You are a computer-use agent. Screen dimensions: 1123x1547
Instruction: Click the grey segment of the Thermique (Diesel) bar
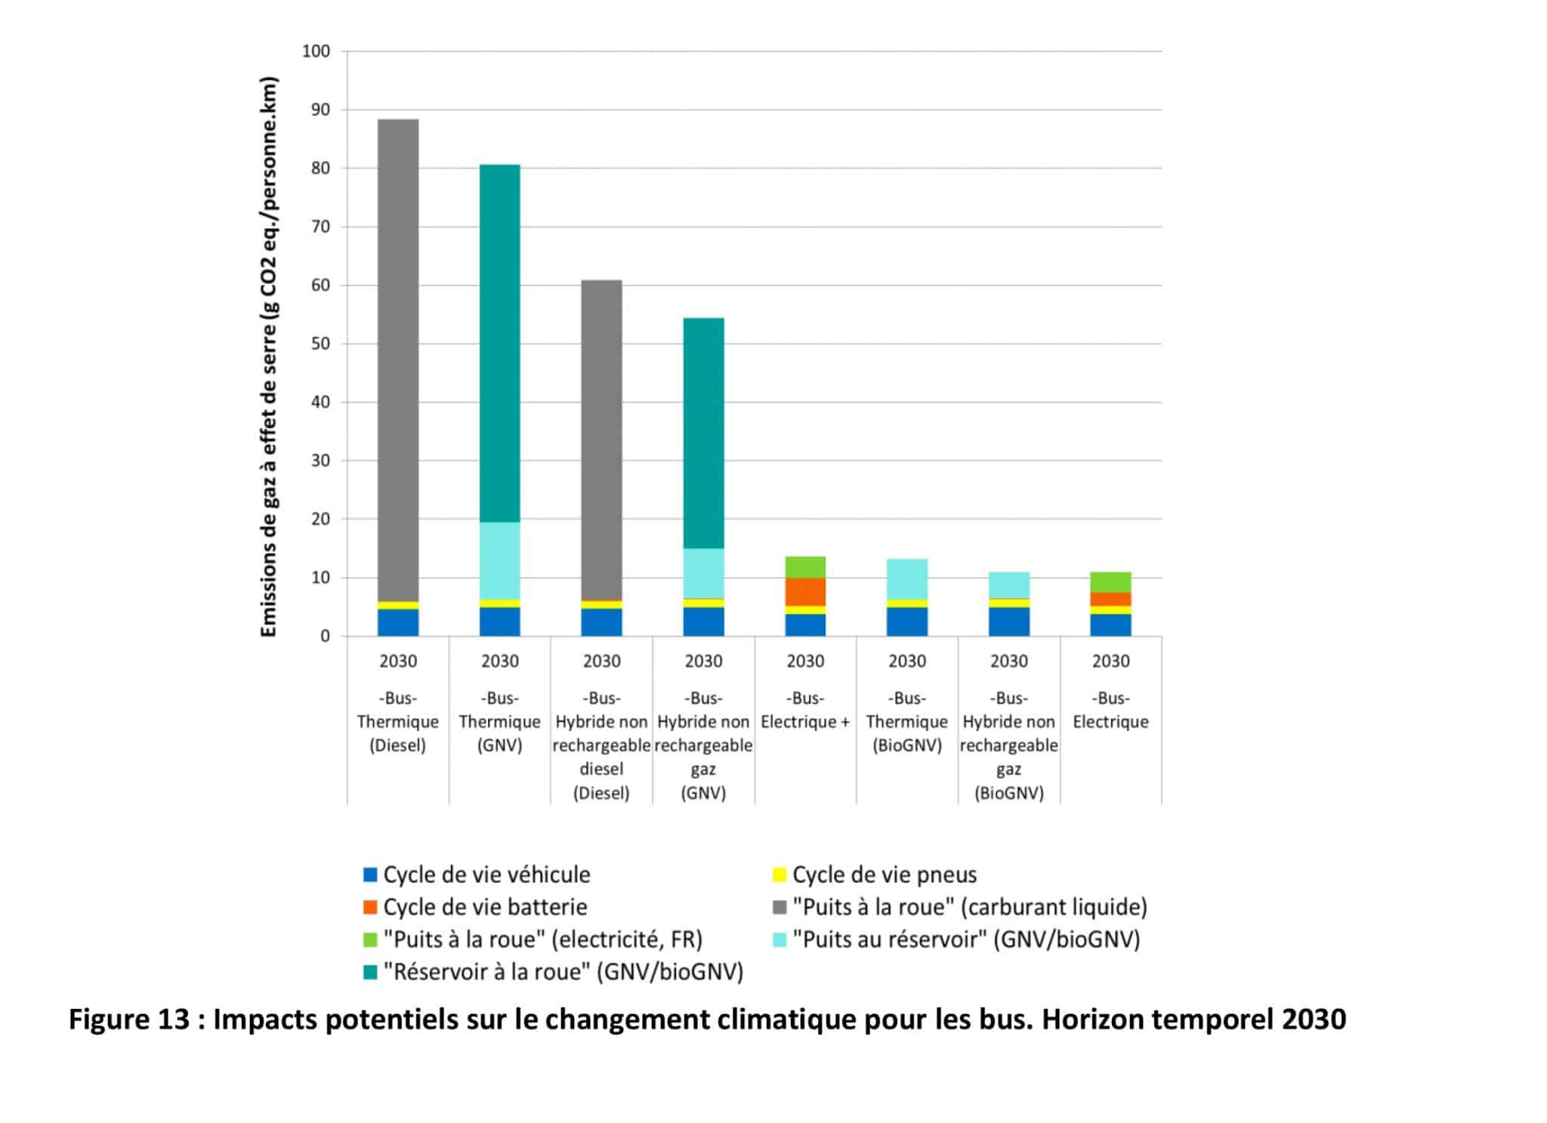(x=397, y=355)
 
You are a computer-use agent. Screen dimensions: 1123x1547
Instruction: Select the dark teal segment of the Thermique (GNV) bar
(x=499, y=340)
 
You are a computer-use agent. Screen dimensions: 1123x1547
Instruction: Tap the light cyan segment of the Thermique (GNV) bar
(x=499, y=560)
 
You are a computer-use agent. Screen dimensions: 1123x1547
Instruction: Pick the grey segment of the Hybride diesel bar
(x=601, y=438)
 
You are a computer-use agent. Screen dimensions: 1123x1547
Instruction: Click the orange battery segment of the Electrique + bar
(x=805, y=591)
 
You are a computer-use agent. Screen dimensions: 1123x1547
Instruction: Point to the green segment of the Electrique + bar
(x=805, y=567)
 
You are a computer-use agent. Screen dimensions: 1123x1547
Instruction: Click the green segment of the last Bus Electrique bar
(x=1110, y=582)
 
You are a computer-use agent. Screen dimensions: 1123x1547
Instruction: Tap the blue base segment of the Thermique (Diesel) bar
(x=397, y=622)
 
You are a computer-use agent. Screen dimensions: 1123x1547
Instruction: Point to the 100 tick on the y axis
(x=317, y=51)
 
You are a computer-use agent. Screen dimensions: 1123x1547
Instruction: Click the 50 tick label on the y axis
(x=321, y=344)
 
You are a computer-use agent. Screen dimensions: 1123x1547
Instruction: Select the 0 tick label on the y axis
(x=326, y=636)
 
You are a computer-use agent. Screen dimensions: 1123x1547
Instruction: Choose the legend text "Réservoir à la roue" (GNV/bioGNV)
(x=563, y=971)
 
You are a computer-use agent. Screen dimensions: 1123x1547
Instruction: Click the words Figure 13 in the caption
(x=129, y=1020)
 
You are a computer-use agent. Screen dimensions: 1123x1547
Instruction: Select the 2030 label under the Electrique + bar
(x=805, y=662)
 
